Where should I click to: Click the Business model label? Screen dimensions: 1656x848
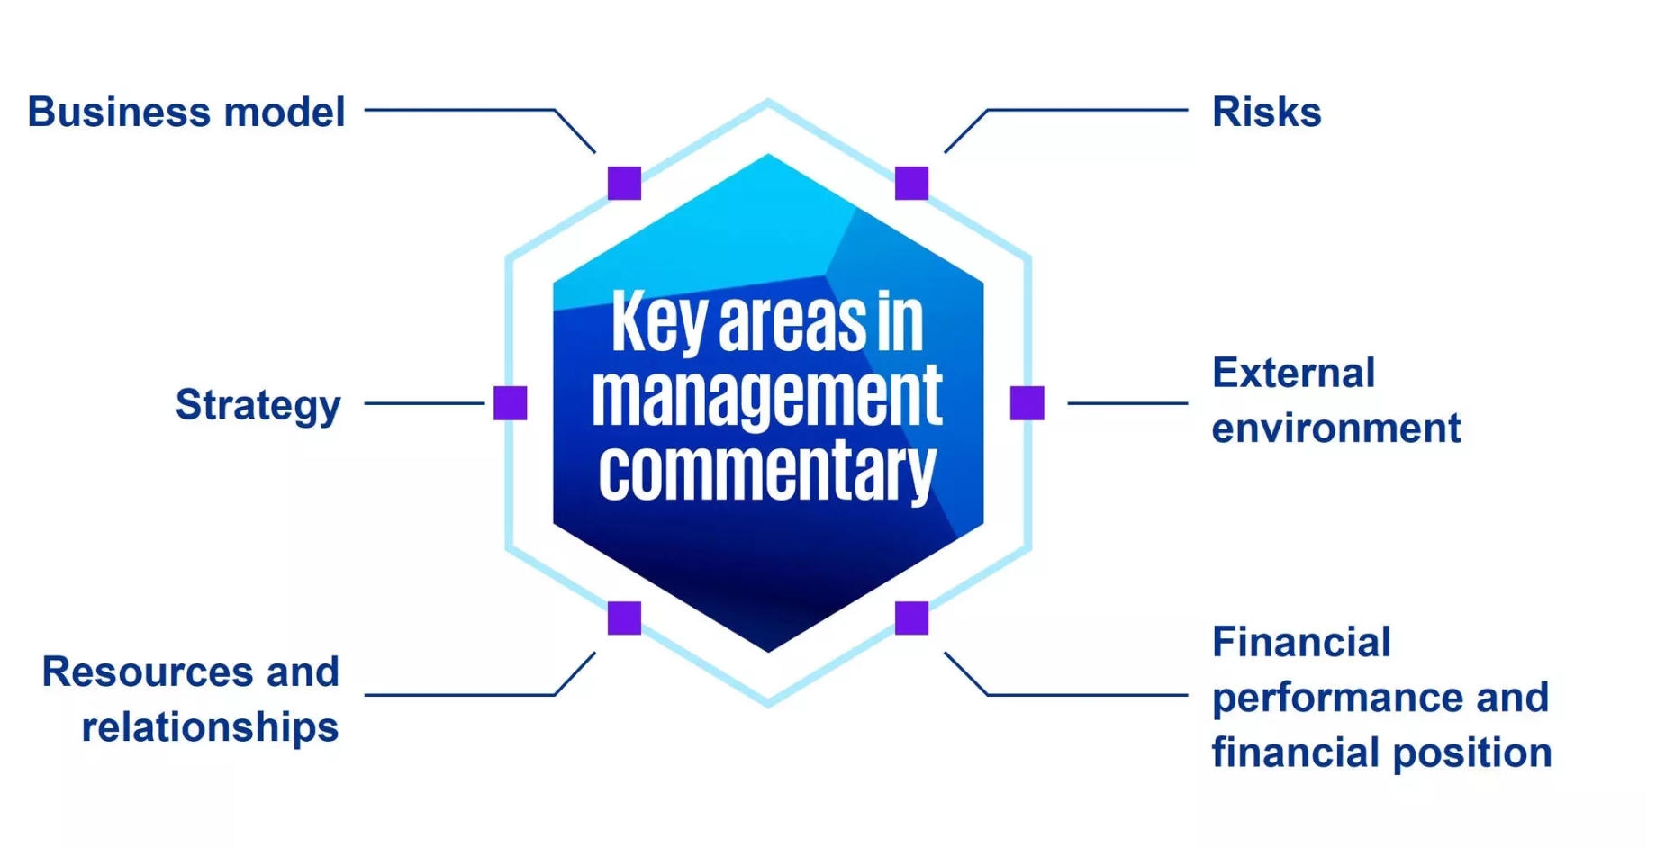tap(186, 113)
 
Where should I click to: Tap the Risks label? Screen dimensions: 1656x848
tap(1266, 113)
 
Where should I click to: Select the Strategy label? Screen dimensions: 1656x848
tap(258, 406)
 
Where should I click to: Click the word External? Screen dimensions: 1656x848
tap(1293, 373)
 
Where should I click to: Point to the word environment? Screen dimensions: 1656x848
tap(1336, 428)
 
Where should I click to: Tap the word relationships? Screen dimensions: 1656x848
tap(210, 728)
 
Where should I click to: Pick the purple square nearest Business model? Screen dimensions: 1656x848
tap(624, 183)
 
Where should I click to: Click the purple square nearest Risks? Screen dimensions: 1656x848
tap(911, 183)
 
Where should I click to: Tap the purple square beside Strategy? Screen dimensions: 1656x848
tap(511, 403)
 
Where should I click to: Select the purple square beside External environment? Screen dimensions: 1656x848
tap(1027, 403)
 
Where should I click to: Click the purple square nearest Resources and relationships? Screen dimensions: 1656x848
tap(624, 618)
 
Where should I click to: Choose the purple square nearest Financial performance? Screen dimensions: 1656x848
tap(911, 618)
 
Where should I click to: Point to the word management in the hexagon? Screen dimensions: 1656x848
tap(767, 397)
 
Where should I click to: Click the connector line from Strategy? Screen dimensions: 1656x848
tap(424, 403)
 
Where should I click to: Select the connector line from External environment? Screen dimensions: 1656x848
tap(1127, 403)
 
